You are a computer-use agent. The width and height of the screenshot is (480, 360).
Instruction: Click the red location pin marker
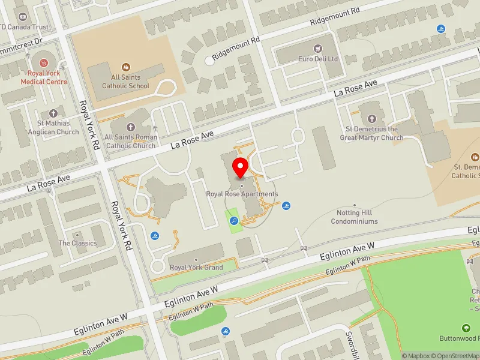(x=241, y=168)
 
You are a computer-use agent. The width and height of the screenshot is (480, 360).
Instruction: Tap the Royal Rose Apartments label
(x=242, y=194)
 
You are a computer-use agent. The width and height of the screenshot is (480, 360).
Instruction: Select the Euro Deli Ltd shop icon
(x=319, y=48)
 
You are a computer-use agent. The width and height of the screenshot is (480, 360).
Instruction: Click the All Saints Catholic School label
(x=125, y=82)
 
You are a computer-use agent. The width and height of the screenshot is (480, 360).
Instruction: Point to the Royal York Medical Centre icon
(x=43, y=62)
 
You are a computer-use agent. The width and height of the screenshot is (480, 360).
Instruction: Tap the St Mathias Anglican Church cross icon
(x=53, y=113)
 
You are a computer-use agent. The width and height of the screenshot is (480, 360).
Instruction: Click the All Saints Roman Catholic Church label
(x=131, y=141)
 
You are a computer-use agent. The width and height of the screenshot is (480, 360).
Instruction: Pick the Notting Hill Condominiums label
(x=355, y=217)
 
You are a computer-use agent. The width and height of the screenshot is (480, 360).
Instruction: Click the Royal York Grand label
(x=196, y=268)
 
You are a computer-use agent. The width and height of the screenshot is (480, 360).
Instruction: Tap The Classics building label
(x=77, y=243)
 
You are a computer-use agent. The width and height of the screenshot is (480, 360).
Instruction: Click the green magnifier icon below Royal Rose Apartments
(x=234, y=221)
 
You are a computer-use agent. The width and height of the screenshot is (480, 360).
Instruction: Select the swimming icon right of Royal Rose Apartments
(x=287, y=206)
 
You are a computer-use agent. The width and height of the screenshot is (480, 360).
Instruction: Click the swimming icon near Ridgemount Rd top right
(x=442, y=29)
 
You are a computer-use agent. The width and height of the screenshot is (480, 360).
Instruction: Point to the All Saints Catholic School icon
(x=125, y=67)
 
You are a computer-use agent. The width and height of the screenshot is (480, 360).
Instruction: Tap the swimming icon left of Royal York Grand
(x=155, y=236)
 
